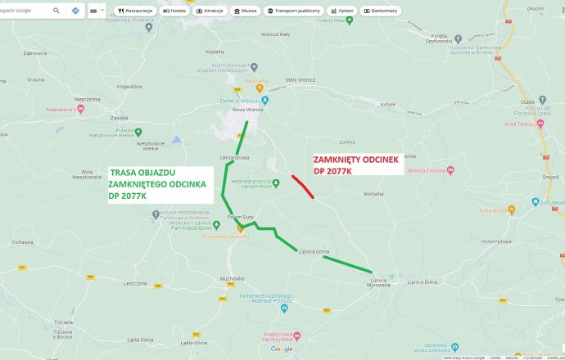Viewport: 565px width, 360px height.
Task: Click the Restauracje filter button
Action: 135,11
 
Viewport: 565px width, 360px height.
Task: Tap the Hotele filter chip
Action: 175,11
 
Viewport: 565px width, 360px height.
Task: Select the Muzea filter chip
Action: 245,11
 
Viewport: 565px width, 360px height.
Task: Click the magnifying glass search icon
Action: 56,11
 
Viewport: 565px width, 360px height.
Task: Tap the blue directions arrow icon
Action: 75,11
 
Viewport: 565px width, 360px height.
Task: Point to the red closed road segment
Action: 302,186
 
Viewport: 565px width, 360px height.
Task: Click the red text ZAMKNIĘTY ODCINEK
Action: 357,161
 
